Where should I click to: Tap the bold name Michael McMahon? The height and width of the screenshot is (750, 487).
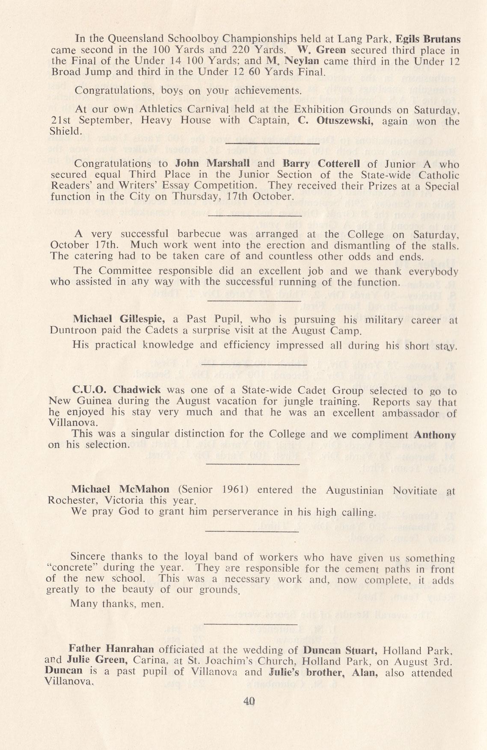coord(120,489)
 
